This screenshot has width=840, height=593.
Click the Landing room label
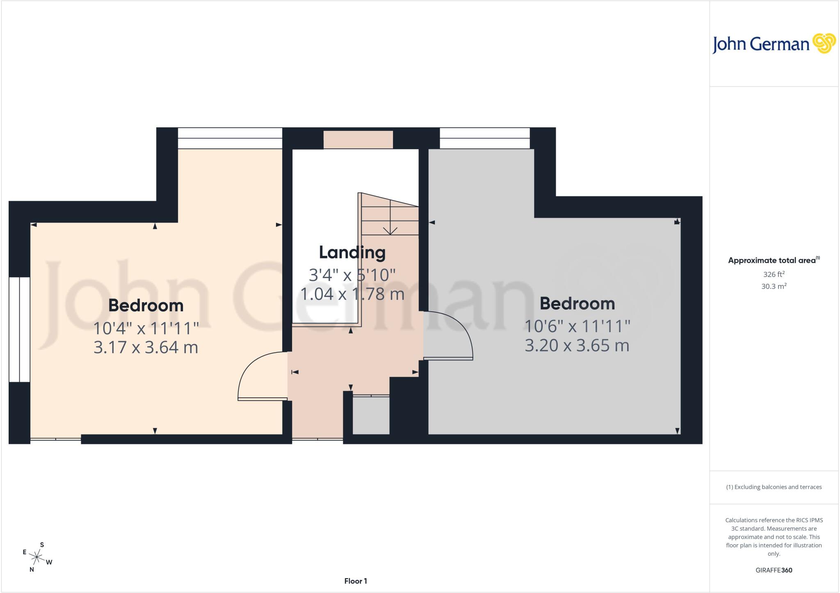coord(352,253)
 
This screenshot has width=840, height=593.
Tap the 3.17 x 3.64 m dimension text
coord(146,347)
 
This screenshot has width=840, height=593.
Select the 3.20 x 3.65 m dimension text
coord(577,345)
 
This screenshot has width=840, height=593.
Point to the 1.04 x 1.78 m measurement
coord(352,294)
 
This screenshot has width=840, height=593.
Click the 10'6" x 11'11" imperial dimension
coord(577,326)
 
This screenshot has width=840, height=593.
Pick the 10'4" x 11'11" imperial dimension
coord(146,328)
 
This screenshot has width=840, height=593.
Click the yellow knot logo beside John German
coord(824,43)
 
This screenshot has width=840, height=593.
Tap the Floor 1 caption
coord(356,581)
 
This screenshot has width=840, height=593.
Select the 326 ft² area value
coord(774,274)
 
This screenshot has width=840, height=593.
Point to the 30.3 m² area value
coord(774,286)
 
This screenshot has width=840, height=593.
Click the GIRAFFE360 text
coord(774,570)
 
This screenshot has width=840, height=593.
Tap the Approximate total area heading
coord(774,260)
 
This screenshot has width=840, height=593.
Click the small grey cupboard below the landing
coord(371,415)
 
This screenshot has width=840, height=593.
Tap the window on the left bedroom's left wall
coord(19,330)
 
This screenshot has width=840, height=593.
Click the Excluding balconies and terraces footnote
coord(774,487)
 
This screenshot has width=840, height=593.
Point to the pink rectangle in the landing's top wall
coord(358,139)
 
